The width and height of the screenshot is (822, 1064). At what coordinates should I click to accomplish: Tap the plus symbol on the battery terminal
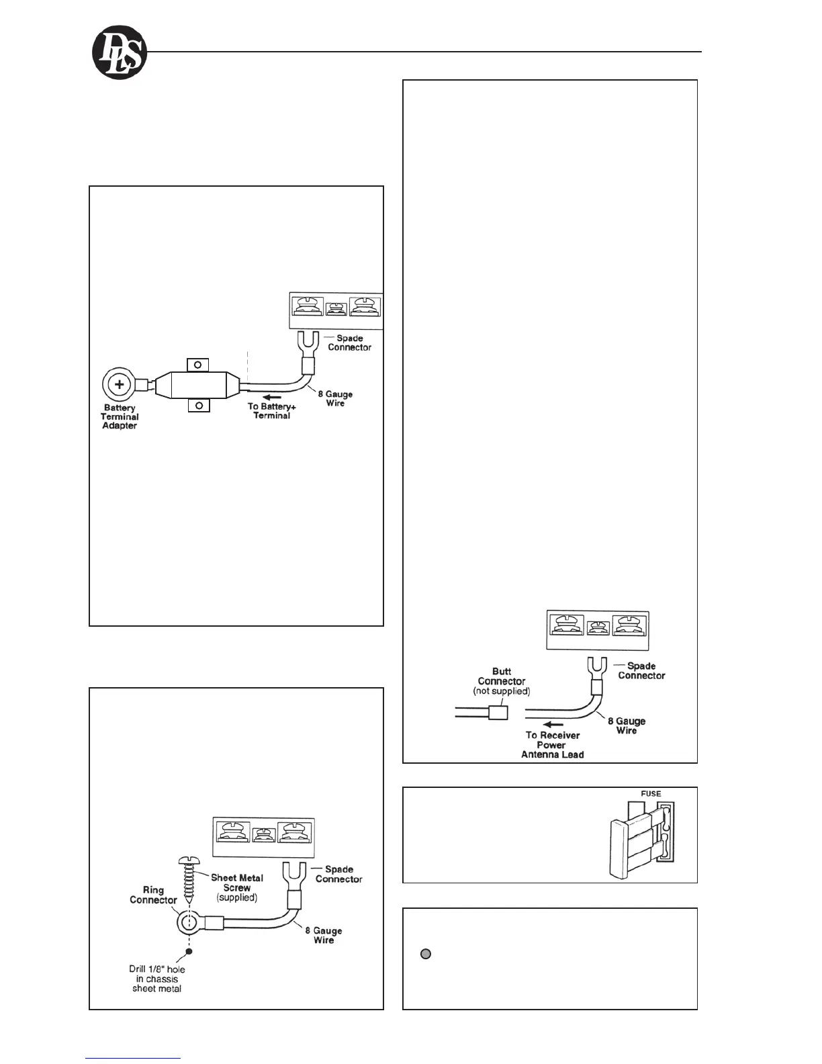[x=119, y=385]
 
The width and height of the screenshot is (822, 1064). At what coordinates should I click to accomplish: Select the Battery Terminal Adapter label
[x=120, y=417]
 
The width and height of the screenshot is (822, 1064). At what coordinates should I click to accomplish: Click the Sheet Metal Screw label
[x=237, y=887]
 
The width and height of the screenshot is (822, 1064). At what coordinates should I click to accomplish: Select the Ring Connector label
[x=153, y=895]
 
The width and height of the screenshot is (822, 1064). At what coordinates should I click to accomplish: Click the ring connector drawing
[x=190, y=922]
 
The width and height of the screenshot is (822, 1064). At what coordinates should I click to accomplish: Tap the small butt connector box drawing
[x=498, y=712]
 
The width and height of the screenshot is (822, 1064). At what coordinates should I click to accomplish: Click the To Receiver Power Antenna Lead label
[x=552, y=745]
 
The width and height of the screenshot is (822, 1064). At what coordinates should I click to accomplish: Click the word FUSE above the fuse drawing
[x=651, y=793]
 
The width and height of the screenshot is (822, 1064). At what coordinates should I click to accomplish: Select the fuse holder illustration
[x=642, y=840]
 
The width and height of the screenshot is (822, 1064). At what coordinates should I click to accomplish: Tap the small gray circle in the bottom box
[x=425, y=953]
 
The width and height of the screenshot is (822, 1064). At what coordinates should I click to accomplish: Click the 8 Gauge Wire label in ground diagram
[x=324, y=935]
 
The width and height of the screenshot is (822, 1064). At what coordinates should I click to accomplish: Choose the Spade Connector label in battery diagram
[x=349, y=343]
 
